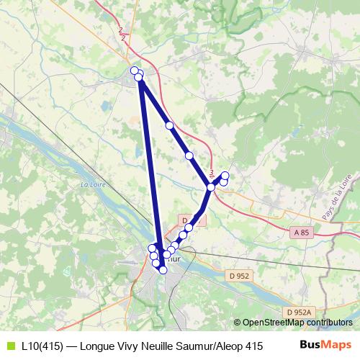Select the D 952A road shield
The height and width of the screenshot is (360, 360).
pyautogui.click(x=298, y=311)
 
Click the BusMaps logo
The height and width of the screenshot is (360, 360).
pyautogui.click(x=325, y=345)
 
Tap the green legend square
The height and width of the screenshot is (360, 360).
pyautogui.click(x=9, y=346)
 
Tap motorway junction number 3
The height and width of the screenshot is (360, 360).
pyautogui.click(x=212, y=173)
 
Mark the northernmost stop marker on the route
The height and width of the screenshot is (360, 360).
pyautogui.click(x=134, y=70)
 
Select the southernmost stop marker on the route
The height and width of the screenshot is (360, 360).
pyautogui.click(x=163, y=270)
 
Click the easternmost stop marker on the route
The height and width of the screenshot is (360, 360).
pyautogui.click(x=225, y=176)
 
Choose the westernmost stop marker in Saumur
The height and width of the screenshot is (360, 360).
pyautogui.click(x=152, y=248)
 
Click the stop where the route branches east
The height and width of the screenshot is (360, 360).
pyautogui.click(x=211, y=187)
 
